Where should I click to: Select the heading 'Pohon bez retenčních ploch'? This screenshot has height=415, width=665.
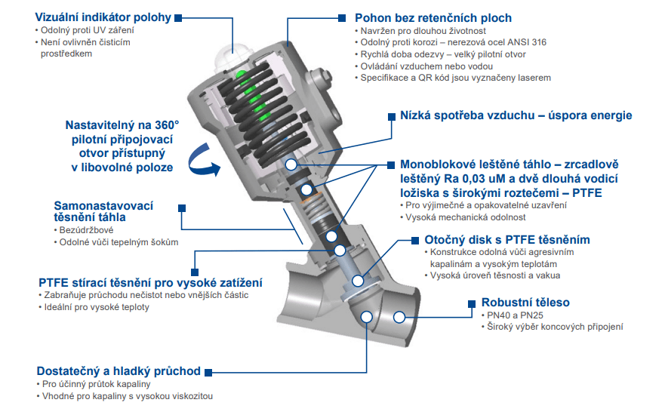(x=433, y=17)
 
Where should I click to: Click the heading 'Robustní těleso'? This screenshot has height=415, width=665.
(x=522, y=303)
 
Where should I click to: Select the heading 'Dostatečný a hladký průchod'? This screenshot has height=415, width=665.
(x=119, y=370)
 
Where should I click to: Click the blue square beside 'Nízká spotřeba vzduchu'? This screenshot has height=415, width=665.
(x=391, y=116)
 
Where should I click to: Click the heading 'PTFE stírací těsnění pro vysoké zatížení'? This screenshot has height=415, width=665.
(x=150, y=281)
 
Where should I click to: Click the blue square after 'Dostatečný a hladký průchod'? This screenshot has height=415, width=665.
(x=208, y=371)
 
